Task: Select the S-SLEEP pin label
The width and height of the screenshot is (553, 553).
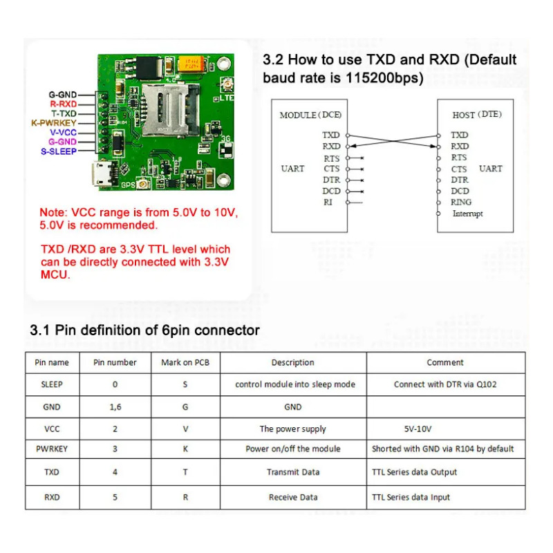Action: tap(58, 151)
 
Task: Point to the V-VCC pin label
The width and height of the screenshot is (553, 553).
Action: tap(62, 131)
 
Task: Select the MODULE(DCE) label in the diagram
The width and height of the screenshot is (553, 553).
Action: tap(310, 115)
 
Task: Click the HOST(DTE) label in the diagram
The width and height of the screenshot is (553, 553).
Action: tap(477, 115)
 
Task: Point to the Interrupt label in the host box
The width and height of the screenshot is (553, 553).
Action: tap(467, 214)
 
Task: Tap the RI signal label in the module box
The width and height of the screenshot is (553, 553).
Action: tap(328, 203)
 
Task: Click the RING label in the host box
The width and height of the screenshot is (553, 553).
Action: tap(461, 203)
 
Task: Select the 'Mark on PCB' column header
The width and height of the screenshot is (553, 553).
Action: tap(185, 362)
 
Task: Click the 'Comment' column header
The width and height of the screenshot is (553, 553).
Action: tap(445, 362)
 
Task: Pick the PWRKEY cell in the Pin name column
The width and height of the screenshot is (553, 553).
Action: tap(52, 449)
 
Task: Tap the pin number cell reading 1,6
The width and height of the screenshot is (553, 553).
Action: tap(115, 407)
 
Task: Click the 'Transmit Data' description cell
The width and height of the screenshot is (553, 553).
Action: tap(292, 473)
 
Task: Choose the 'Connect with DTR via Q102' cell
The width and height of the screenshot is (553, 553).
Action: tap(445, 384)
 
